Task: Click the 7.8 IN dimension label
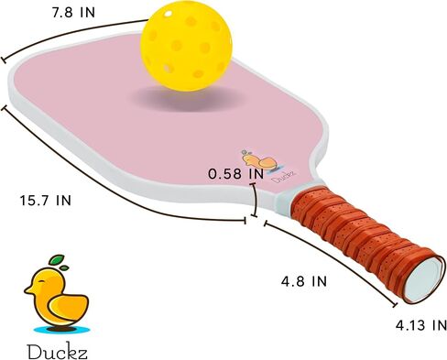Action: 73,13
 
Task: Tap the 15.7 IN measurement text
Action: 46,201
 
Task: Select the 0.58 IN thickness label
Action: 236,174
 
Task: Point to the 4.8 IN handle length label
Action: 304,281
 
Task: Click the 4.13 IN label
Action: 421,325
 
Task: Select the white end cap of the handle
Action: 423,279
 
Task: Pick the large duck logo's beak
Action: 29,290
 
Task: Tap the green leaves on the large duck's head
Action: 58,263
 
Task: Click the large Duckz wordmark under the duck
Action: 58,352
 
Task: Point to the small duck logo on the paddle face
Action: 259,159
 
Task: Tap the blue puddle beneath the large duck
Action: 62,330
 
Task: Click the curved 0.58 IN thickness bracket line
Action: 255,200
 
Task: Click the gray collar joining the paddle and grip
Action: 284,200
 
